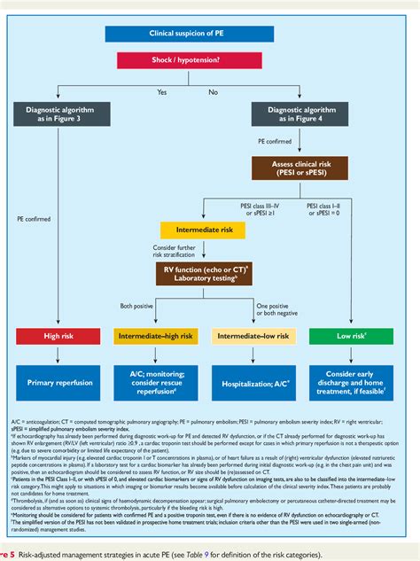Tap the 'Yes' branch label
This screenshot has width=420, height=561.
pos(161,91)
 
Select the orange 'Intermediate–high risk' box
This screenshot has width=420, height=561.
pos(156,336)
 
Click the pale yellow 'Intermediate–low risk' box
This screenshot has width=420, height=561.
pos(253,336)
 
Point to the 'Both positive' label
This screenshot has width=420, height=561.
pos(139,306)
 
